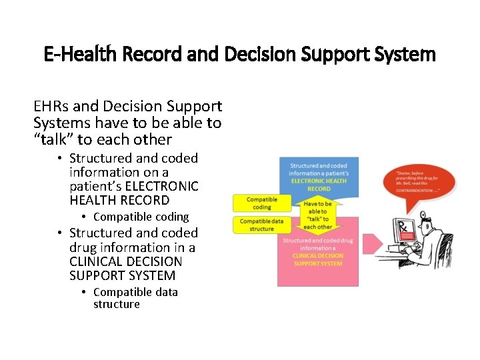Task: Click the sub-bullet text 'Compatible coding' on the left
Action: [141, 217]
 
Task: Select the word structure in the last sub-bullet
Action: [117, 304]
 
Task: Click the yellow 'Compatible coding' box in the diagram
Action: [261, 203]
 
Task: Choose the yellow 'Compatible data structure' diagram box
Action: [261, 225]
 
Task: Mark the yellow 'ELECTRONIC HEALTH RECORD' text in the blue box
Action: [317, 184]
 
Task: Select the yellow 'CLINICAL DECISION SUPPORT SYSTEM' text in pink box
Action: [317, 259]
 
